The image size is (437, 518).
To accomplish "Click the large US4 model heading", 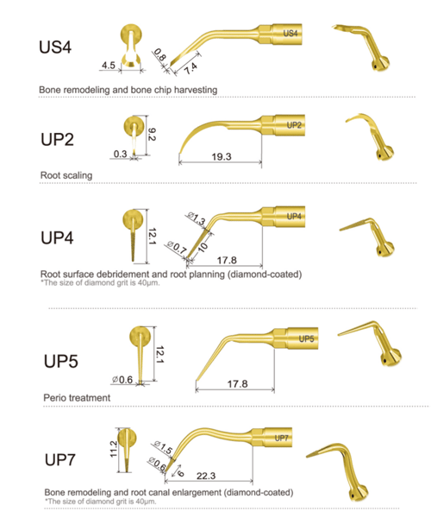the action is point(55,47).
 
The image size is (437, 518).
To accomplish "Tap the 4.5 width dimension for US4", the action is point(109,65).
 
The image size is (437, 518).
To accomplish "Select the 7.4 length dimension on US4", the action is point(190,68).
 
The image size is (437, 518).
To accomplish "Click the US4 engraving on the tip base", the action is point(290,33).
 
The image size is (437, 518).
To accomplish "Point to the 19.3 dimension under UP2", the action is point(222,156).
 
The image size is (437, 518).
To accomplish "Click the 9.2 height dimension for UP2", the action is point(152,135).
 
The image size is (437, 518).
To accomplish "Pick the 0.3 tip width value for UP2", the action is point(120,154).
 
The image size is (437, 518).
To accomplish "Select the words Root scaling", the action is point(66,175).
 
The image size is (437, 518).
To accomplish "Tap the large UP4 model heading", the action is point(57,237).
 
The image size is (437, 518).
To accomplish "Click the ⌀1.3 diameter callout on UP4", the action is point(197,218).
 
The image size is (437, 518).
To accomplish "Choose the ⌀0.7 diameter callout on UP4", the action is point(177,247).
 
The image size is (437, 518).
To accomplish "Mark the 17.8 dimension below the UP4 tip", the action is point(227,261).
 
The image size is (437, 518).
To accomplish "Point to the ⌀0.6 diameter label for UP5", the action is point(122,380).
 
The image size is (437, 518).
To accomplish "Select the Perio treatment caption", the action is point(77,398).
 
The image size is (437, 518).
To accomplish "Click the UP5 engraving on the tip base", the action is point(306,338).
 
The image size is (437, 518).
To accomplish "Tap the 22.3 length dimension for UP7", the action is point(206,476).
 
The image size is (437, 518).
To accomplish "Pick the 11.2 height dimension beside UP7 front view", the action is point(114,449).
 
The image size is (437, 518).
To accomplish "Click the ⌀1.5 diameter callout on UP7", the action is point(163,447).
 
